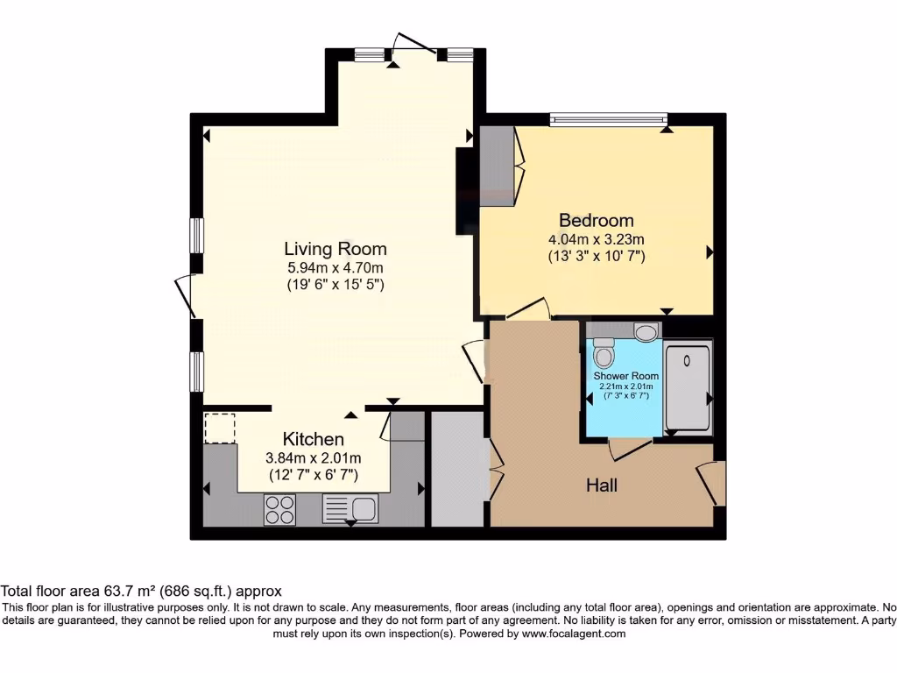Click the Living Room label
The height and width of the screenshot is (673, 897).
(335, 249)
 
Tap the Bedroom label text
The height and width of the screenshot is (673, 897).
(596, 220)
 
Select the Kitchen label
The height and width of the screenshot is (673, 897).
(313, 439)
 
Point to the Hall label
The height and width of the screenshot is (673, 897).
(601, 485)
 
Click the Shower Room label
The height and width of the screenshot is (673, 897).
(625, 376)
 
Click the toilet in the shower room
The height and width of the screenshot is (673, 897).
(603, 355)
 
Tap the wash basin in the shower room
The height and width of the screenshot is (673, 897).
(646, 332)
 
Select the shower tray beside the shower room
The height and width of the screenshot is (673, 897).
(688, 387)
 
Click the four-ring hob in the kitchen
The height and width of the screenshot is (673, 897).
(280, 510)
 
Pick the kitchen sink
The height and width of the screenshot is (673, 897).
(350, 508)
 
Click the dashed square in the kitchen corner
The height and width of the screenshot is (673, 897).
(220, 429)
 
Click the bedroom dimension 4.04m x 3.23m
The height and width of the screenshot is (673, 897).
(596, 238)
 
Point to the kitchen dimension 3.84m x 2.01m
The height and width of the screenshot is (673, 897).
(313, 457)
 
